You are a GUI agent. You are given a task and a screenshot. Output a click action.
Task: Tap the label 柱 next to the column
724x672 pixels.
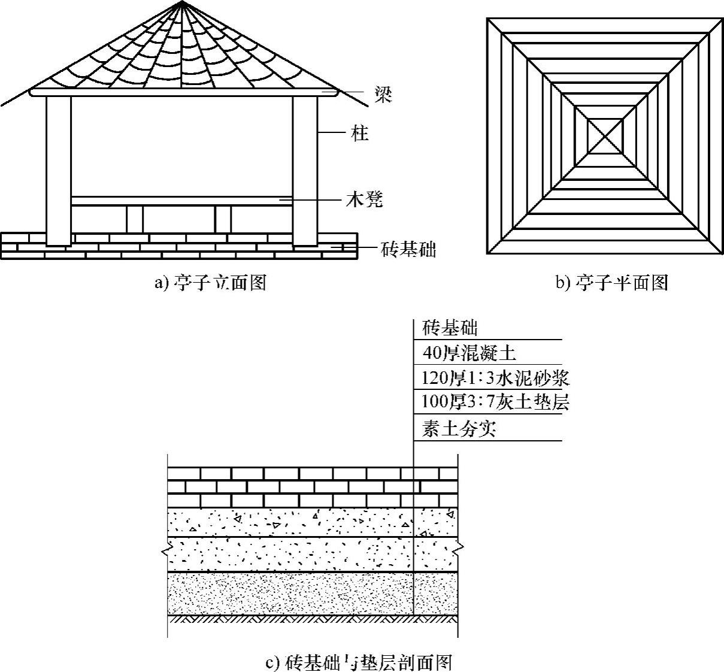coord(359,133)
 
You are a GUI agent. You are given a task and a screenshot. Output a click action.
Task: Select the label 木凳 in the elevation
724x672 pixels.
coord(363,199)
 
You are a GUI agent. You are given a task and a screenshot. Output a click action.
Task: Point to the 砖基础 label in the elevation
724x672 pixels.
coord(408,248)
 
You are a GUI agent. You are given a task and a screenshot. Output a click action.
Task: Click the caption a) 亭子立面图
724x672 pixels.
coord(210,282)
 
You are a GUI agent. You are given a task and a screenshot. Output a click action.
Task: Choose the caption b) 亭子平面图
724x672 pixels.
coord(612,282)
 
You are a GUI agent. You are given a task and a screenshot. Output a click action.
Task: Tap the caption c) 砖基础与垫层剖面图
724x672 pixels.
coord(358,662)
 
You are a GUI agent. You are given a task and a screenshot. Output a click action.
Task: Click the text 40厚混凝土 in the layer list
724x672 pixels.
coord(469,353)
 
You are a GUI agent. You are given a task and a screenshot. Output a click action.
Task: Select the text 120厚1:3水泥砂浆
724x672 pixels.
coord(495,378)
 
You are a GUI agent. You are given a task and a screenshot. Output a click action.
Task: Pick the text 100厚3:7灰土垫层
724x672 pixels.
coord(495,402)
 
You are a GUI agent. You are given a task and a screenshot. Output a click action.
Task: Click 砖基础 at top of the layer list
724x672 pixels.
coord(450,328)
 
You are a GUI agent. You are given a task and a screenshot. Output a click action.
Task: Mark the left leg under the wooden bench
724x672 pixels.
coord(135,220)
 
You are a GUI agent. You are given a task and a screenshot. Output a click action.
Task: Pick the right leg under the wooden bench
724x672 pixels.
coord(222,220)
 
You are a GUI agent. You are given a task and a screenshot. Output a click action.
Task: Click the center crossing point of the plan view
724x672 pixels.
coord(605,136)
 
